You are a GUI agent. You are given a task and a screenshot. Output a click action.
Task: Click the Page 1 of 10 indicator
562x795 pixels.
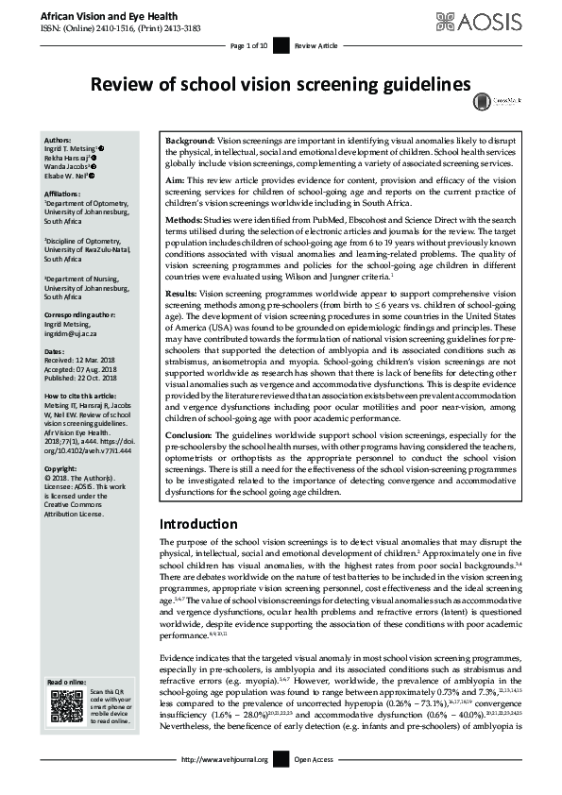(249, 45)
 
